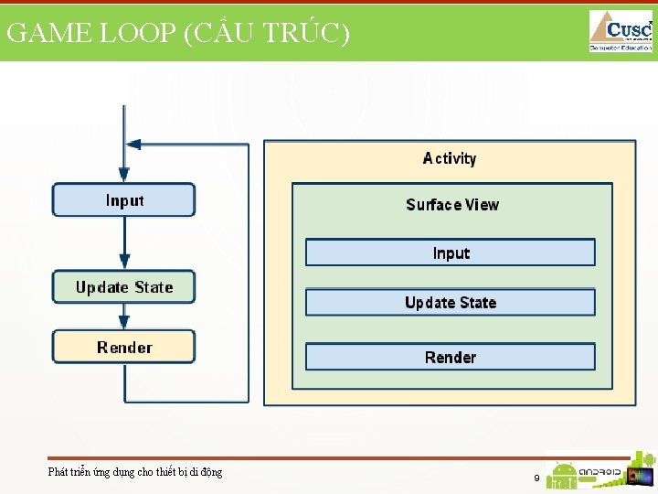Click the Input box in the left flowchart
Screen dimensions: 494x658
(123, 199)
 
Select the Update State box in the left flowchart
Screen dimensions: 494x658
(124, 287)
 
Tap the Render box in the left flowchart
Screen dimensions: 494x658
(124, 347)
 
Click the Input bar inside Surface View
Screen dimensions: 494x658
(450, 252)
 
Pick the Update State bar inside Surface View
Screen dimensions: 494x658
(450, 303)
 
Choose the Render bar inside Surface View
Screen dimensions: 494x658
(450, 357)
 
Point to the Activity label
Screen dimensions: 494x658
(450, 158)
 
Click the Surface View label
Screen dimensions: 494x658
(452, 205)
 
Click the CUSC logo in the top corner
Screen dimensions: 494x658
(621, 30)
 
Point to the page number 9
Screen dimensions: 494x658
(536, 478)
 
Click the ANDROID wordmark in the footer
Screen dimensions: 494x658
(600, 473)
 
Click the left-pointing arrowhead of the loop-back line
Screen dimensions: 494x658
(133, 144)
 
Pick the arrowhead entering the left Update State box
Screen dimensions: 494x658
(124, 263)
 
